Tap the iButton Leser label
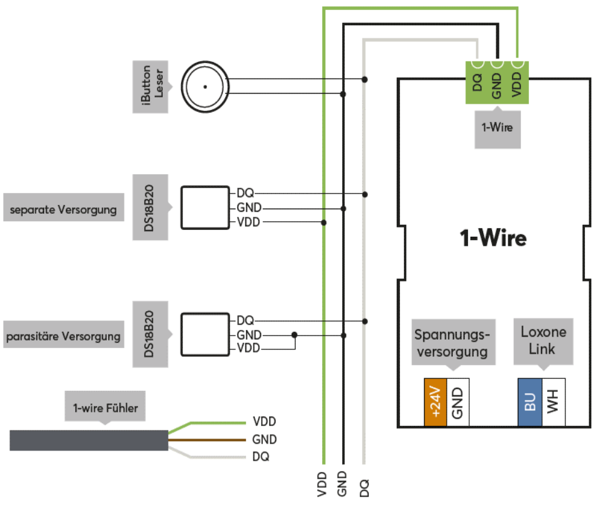pos(151,87)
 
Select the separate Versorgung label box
pos(63,209)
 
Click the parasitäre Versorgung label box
pos(63,336)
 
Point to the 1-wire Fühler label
pos(106,408)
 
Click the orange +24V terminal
pos(435,402)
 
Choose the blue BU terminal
pos(530,402)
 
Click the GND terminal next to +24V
pos(458,402)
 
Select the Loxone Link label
pos(543,340)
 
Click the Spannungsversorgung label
pos(453,342)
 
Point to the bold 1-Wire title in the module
pos(493,239)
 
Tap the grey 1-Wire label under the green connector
pos(498,128)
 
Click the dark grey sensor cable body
pos(89,440)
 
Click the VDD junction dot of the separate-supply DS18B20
pos(323,222)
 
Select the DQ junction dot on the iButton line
pos(365,79)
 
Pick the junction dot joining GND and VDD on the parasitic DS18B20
pos(294,335)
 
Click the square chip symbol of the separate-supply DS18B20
pos(205,208)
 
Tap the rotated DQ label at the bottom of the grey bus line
pos(364,486)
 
